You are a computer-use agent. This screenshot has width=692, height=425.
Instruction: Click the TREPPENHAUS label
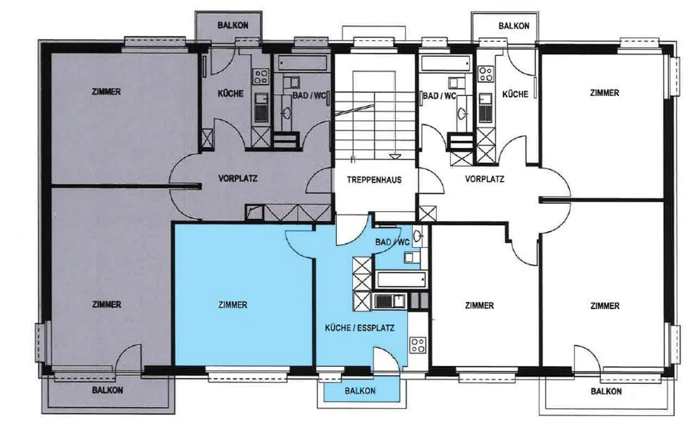pyautogui.click(x=374, y=180)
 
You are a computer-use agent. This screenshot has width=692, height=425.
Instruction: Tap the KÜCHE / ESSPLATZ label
pyautogui.click(x=359, y=328)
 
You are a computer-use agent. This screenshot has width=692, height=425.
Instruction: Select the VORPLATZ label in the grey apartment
pyautogui.click(x=237, y=178)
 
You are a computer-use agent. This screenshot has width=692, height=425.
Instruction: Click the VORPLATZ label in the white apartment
pyautogui.click(x=484, y=179)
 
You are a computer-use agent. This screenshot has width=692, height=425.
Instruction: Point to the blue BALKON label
pyautogui.click(x=360, y=391)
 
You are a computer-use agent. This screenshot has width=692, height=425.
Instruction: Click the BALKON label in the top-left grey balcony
pyautogui.click(x=233, y=25)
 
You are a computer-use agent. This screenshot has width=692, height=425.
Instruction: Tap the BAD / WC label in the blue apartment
pyautogui.click(x=392, y=243)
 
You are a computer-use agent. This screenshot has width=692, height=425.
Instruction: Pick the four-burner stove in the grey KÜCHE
pyautogui.click(x=261, y=77)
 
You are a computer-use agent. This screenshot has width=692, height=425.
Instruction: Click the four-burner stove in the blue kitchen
pyautogui.click(x=418, y=345)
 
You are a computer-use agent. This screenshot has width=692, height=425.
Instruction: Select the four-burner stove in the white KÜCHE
pyautogui.click(x=485, y=74)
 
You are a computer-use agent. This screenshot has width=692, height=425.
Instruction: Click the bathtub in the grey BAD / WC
pyautogui.click(x=302, y=63)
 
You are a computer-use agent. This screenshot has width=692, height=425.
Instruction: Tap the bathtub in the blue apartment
pyautogui.click(x=401, y=280)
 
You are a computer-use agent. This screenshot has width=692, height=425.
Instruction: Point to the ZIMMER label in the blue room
pyautogui.click(x=233, y=305)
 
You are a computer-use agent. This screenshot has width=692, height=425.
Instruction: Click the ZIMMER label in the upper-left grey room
pyautogui.click(x=106, y=92)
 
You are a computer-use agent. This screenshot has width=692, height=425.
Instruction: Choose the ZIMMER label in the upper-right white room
pyautogui.click(x=605, y=93)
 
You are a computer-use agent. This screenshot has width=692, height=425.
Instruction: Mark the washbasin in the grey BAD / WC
pyautogui.click(x=286, y=113)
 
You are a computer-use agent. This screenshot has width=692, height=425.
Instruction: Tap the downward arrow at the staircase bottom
pyautogui.click(x=393, y=157)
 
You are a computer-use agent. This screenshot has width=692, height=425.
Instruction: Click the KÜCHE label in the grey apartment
pyautogui.click(x=231, y=94)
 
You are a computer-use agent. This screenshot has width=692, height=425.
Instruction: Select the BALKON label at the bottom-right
pyautogui.click(x=606, y=391)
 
